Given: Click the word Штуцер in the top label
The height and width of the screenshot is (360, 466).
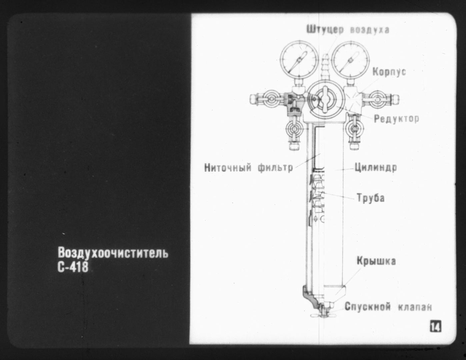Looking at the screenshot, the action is [x=325, y=30].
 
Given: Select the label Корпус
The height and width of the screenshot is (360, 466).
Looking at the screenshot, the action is [x=389, y=72].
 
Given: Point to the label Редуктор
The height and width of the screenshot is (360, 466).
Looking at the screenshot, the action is [x=397, y=118].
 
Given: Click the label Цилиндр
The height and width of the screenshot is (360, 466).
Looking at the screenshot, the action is [x=376, y=167].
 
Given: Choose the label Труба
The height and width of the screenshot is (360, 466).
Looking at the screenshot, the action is [x=371, y=197].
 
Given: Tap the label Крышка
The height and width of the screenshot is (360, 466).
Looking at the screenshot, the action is [x=376, y=261].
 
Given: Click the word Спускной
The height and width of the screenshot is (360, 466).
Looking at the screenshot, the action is [x=368, y=307].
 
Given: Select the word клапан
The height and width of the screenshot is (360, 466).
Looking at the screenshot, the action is [x=415, y=307].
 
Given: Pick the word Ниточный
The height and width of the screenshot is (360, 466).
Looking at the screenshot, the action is [x=228, y=167].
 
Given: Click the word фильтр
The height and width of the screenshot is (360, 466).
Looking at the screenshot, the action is [x=275, y=167].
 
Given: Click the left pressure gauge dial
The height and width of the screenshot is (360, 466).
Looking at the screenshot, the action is [x=299, y=60].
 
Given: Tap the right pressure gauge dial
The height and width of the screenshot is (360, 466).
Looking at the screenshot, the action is [x=350, y=60].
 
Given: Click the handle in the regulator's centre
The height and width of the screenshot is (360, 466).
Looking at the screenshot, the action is [x=325, y=100].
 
